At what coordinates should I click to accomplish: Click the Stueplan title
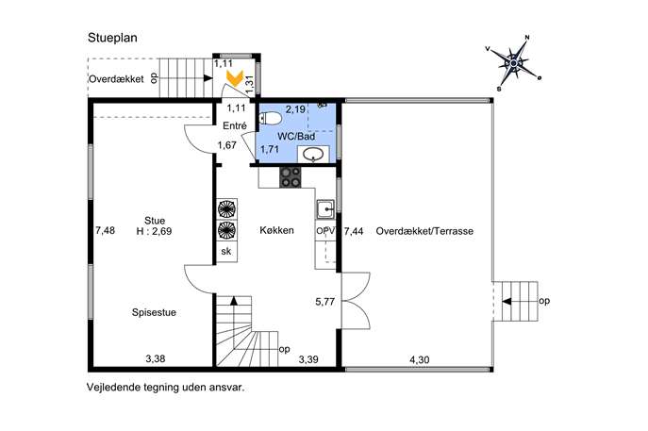(x=112, y=38)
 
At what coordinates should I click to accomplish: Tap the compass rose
(x=513, y=63)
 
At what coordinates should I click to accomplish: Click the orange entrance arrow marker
(x=235, y=78)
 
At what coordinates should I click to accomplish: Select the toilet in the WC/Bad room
(x=271, y=119)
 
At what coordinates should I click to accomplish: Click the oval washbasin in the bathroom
(x=314, y=155)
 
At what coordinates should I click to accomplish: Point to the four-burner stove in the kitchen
(x=291, y=177)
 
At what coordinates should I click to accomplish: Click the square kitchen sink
(x=326, y=209)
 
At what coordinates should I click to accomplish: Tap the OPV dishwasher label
(x=325, y=231)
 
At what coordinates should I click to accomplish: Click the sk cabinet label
(x=226, y=251)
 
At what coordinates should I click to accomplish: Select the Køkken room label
(x=276, y=230)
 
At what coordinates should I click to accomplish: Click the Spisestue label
(x=154, y=312)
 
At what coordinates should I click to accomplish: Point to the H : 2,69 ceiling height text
(x=154, y=231)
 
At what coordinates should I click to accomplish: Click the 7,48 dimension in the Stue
(x=105, y=230)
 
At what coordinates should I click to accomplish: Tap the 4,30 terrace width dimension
(x=419, y=360)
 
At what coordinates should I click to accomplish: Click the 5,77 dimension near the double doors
(x=324, y=302)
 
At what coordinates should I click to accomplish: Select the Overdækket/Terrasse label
(x=424, y=231)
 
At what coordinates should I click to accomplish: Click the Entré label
(x=234, y=125)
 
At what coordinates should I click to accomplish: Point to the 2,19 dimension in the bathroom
(x=295, y=109)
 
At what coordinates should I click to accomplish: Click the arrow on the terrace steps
(x=507, y=302)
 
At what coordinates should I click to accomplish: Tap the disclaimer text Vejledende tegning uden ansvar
(x=165, y=388)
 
